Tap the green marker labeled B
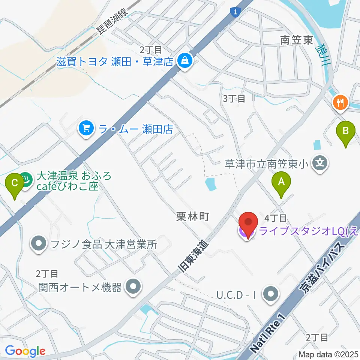pyautogui.click(x=345, y=131)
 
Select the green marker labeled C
pyautogui.click(x=15, y=184)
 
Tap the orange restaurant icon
pyautogui.click(x=341, y=102)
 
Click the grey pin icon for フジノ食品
pyautogui.click(x=39, y=244)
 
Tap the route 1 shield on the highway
pyautogui.click(x=235, y=12)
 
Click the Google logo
pyautogui.click(x=25, y=351)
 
